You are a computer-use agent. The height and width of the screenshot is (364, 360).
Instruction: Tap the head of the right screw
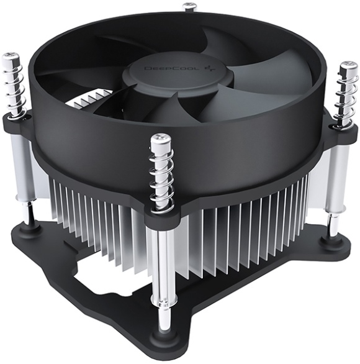click(x=346, y=67)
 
